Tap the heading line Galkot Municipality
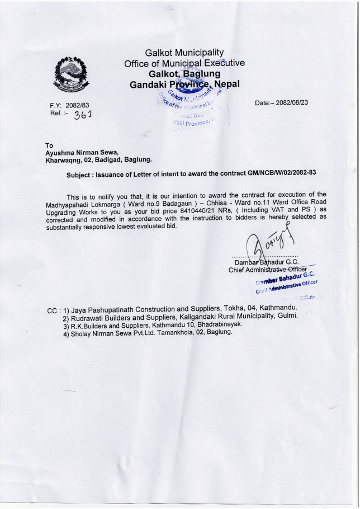pyautogui.click(x=184, y=53)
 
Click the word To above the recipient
pyautogui.click(x=49, y=145)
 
